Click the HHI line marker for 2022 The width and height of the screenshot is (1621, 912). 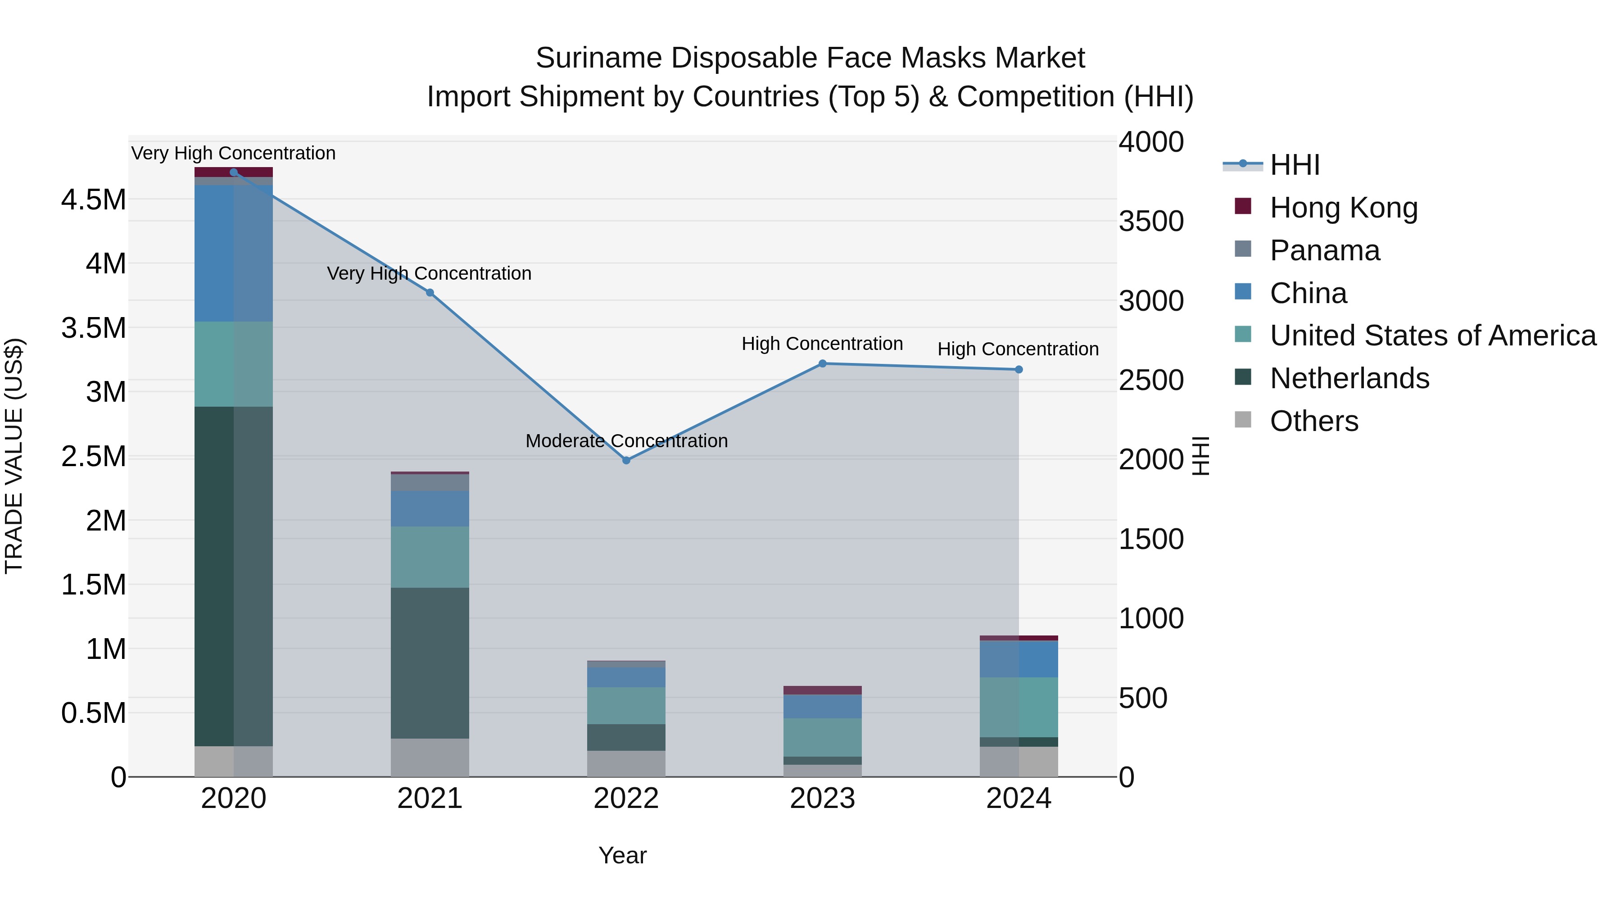click(626, 460)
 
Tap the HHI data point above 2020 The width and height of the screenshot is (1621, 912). click(233, 172)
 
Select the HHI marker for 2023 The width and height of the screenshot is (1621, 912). click(823, 363)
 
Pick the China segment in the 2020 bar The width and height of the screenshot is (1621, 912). click(233, 253)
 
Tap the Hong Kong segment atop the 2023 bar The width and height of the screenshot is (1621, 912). click(823, 690)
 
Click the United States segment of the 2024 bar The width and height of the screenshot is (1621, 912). click(1019, 707)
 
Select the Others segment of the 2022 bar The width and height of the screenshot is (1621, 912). click(626, 763)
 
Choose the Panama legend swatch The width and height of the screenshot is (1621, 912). click(1243, 249)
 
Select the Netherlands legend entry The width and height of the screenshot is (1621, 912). click(1349, 378)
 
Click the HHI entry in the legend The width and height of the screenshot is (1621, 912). click(1295, 165)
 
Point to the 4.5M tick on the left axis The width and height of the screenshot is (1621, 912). click(93, 200)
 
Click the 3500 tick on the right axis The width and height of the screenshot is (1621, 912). click(1151, 222)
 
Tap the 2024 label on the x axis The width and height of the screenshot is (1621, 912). click(1019, 799)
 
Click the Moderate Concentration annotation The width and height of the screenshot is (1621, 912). click(626, 440)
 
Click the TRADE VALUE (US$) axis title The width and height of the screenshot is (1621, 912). click(14, 456)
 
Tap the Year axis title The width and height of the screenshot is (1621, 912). click(622, 855)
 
